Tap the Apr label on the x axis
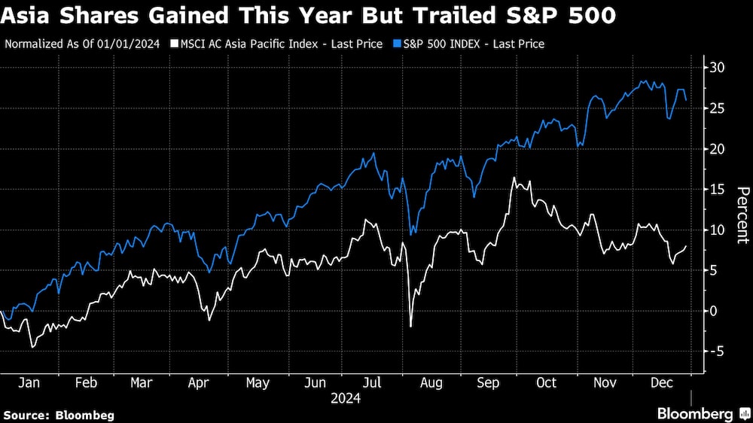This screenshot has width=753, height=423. click(x=199, y=382)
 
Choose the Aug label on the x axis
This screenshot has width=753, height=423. click(x=430, y=382)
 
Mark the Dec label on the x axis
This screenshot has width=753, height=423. click(x=660, y=382)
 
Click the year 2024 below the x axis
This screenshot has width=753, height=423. click(x=346, y=398)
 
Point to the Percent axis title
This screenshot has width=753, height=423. click(x=742, y=215)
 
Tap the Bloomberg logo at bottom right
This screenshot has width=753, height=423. click(x=700, y=413)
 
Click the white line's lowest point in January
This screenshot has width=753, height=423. click(x=32, y=346)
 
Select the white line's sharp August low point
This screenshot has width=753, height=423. click(x=411, y=327)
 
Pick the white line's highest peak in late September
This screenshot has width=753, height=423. click(x=514, y=178)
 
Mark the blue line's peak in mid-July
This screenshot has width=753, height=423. click(x=374, y=154)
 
